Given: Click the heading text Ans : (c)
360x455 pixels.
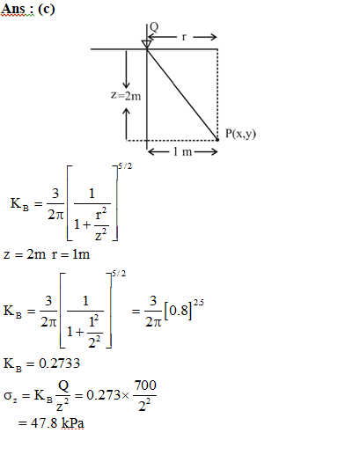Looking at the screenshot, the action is click(x=28, y=9).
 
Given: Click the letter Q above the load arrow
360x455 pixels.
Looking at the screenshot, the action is click(x=154, y=27).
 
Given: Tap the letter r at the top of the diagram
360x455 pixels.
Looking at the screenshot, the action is click(x=184, y=37).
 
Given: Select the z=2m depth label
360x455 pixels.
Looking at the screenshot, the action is click(x=126, y=96).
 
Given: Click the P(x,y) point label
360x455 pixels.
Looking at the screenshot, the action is click(x=240, y=134).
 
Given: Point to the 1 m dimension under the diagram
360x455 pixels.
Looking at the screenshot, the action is click(x=182, y=151).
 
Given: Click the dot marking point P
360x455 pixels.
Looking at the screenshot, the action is click(x=217, y=140).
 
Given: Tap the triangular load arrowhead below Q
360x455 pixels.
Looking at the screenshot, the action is click(x=147, y=44).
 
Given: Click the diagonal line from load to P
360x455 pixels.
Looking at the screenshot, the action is click(x=182, y=94).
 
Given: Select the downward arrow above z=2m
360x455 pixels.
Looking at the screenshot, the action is click(x=126, y=70).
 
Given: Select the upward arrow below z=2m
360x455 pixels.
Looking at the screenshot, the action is click(x=126, y=124).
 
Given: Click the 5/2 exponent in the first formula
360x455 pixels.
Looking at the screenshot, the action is click(x=125, y=166).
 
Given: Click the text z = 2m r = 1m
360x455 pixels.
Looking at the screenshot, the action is click(x=47, y=254).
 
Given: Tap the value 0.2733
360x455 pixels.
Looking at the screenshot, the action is click(x=59, y=363).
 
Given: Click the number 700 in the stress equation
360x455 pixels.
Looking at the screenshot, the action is click(x=145, y=385).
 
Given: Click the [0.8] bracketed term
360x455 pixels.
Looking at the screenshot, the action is click(x=178, y=311).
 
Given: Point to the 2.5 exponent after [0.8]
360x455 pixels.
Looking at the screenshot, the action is click(x=199, y=303).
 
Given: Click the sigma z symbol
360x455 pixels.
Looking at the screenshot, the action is click(x=10, y=396).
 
